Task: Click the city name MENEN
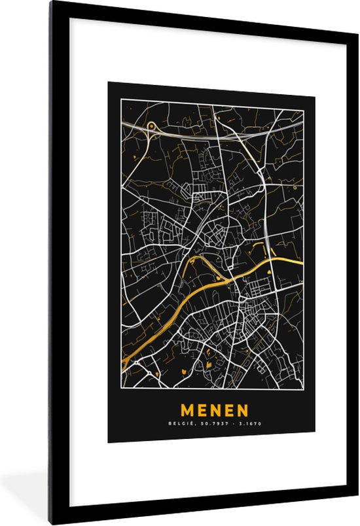(x=214, y=411)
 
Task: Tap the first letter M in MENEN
(x=187, y=411)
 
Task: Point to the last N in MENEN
(x=243, y=411)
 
